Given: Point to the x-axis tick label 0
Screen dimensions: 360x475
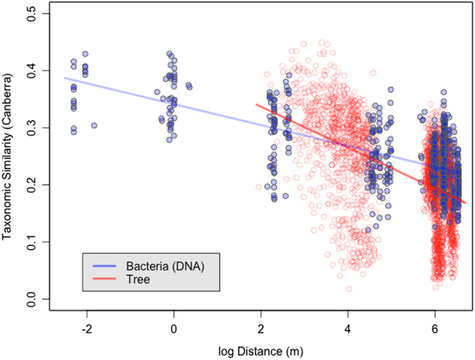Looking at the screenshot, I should click(x=174, y=328).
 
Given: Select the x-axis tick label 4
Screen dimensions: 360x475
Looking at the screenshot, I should click(x=347, y=328).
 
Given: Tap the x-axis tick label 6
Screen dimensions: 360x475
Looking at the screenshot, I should click(x=434, y=328).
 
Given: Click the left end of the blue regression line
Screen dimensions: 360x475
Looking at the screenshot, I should click(x=65, y=77).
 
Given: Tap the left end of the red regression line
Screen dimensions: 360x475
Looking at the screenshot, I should click(x=257, y=104).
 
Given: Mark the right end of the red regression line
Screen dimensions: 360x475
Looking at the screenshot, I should click(x=465, y=203).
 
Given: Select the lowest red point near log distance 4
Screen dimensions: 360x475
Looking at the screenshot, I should click(x=349, y=289).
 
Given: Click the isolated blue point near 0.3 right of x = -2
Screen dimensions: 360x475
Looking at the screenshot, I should click(x=94, y=125).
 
